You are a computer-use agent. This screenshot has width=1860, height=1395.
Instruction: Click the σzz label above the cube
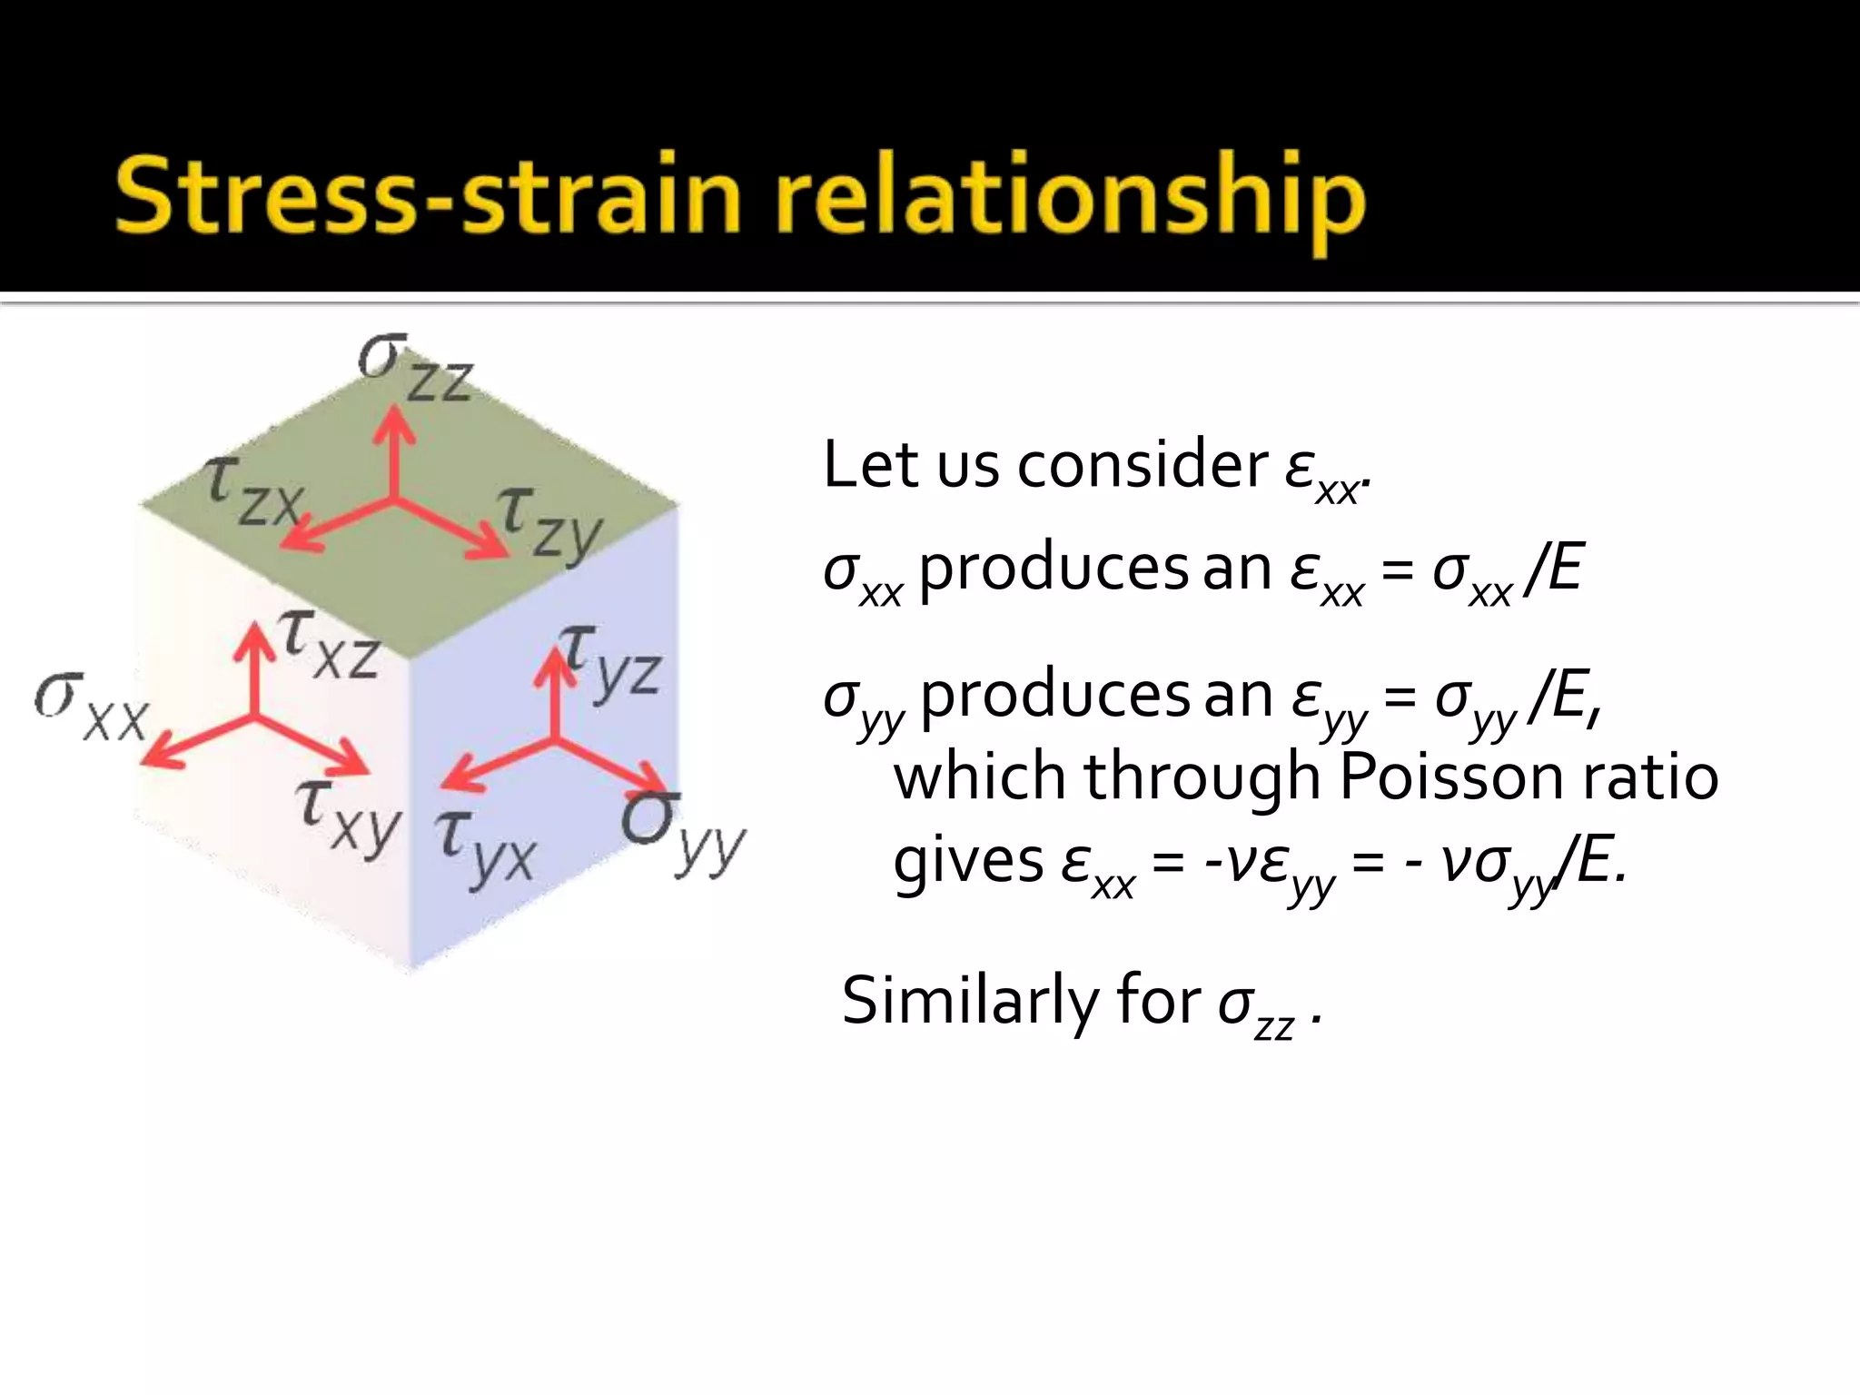[x=415, y=368]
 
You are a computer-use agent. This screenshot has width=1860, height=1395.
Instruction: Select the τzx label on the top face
[x=252, y=491]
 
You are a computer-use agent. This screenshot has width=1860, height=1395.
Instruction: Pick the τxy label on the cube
[x=349, y=814]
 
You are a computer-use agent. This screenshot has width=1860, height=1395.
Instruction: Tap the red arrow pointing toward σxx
[x=195, y=741]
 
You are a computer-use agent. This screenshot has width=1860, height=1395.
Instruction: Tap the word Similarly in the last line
[x=970, y=1001]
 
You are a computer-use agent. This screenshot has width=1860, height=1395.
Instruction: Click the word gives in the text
[x=967, y=862]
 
